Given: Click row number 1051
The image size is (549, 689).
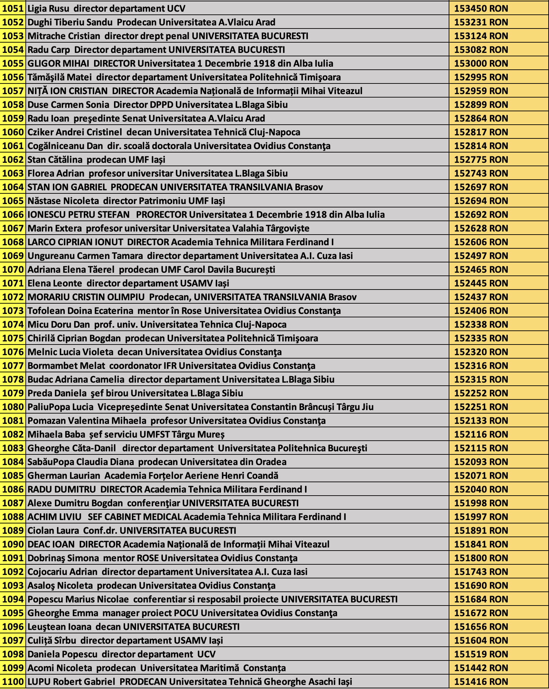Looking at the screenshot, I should [13, 9].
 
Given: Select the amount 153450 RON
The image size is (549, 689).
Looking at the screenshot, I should [481, 9].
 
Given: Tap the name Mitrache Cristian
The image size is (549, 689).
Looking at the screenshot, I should [64, 36].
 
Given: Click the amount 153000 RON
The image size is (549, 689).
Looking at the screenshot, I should [481, 64].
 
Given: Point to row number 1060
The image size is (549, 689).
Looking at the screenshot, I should [13, 132].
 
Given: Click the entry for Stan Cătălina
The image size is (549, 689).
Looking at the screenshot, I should [55, 160].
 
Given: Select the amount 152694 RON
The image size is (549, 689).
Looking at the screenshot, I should [481, 201].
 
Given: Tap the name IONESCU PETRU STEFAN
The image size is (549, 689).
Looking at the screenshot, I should [79, 215].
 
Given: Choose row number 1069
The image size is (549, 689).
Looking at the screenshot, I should [13, 256].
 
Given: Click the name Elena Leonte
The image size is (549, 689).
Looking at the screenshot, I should [55, 283].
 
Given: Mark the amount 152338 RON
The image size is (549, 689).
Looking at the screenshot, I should [481, 325].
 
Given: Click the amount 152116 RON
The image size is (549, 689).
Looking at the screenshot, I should [481, 434].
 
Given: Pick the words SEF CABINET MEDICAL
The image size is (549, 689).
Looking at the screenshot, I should [134, 517].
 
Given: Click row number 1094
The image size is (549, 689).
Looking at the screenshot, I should [13, 599].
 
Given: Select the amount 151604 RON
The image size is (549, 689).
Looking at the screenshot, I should [481, 641].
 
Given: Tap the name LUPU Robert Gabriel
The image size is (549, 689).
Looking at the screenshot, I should [71, 682].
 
